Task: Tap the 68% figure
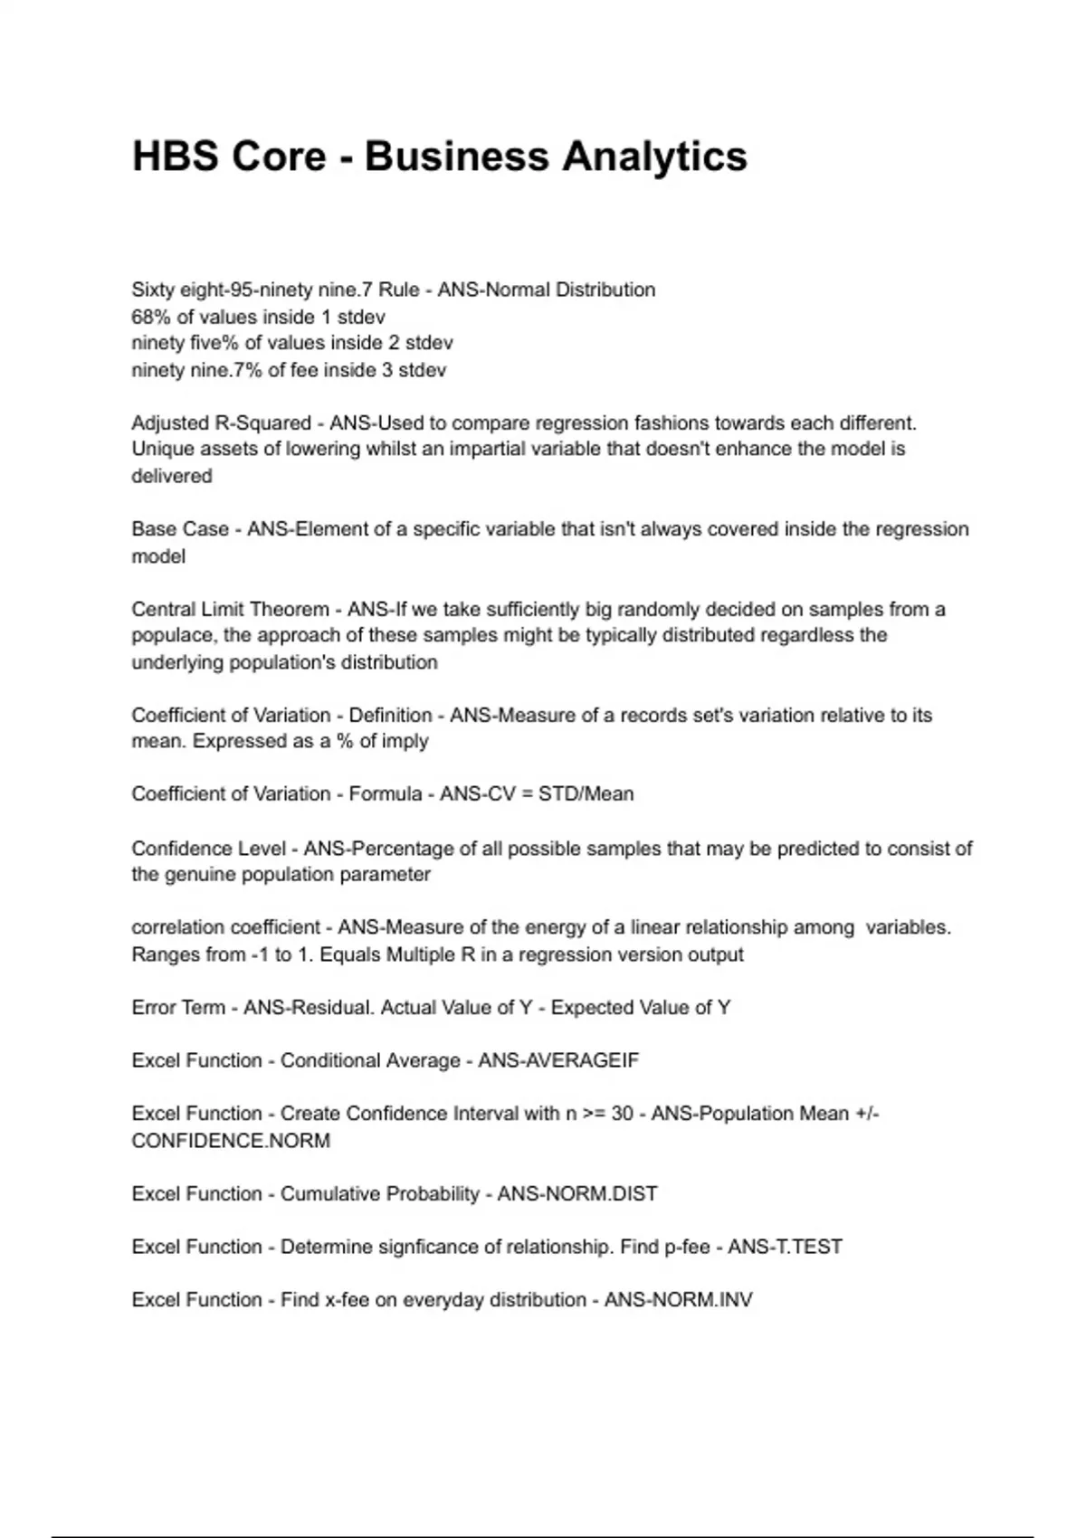click(150, 317)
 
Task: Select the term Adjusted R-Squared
click(221, 423)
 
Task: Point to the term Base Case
click(180, 529)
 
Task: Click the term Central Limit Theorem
click(230, 609)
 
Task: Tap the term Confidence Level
click(208, 849)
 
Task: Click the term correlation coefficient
click(225, 927)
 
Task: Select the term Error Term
click(178, 1008)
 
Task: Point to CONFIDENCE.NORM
click(231, 1141)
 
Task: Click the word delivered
click(172, 476)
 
